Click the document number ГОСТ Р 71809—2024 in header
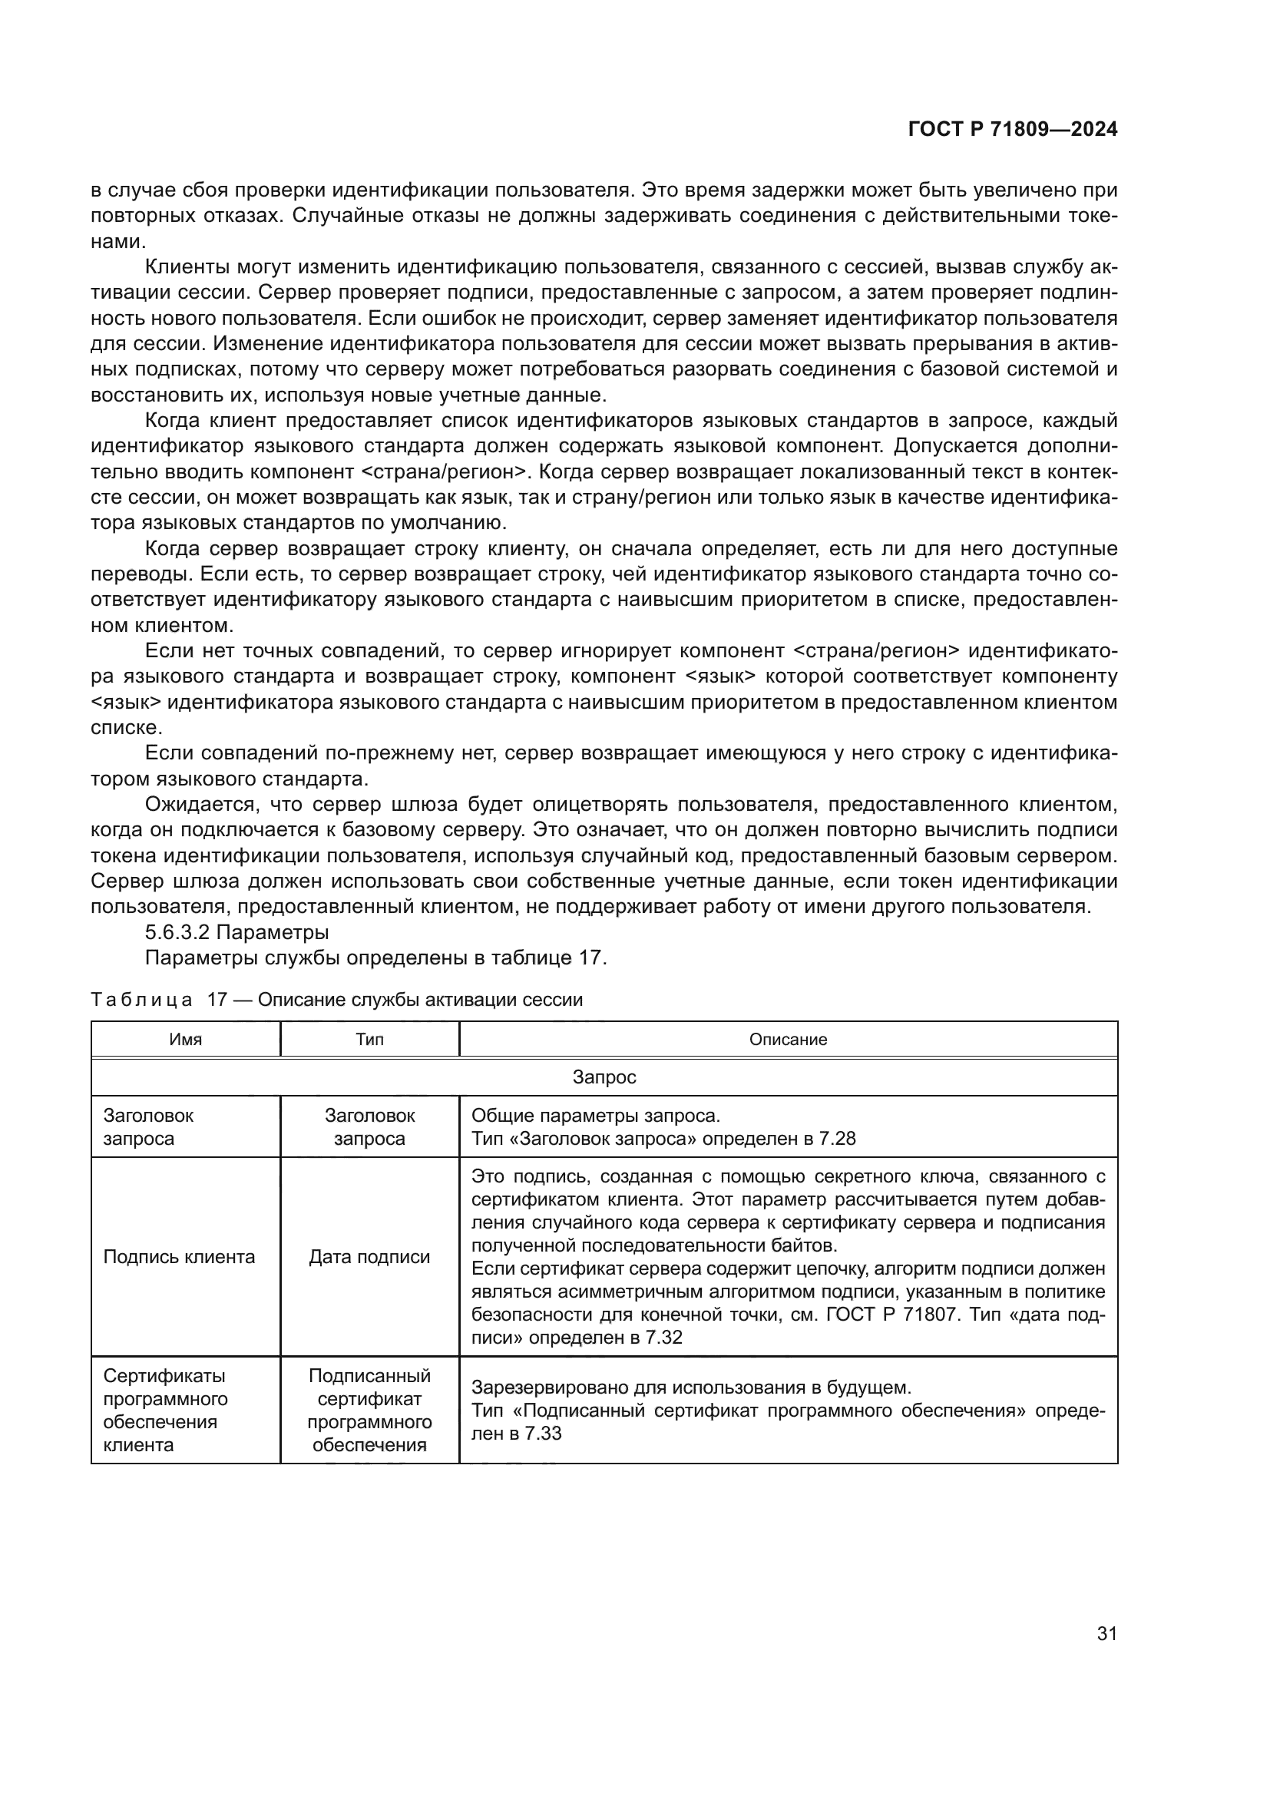coord(1012,130)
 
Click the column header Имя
coord(185,1040)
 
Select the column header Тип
coord(369,1040)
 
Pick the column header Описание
coord(788,1040)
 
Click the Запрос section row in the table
coord(604,1077)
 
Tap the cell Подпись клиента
coord(179,1257)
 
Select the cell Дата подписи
coord(369,1257)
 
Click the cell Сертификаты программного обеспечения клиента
coord(166,1410)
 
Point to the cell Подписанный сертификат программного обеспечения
coord(369,1410)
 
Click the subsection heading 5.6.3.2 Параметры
coord(236,932)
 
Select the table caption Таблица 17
coord(336,1000)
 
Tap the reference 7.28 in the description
coord(837,1138)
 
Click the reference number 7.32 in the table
coord(663,1338)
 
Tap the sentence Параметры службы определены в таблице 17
coord(375,958)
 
